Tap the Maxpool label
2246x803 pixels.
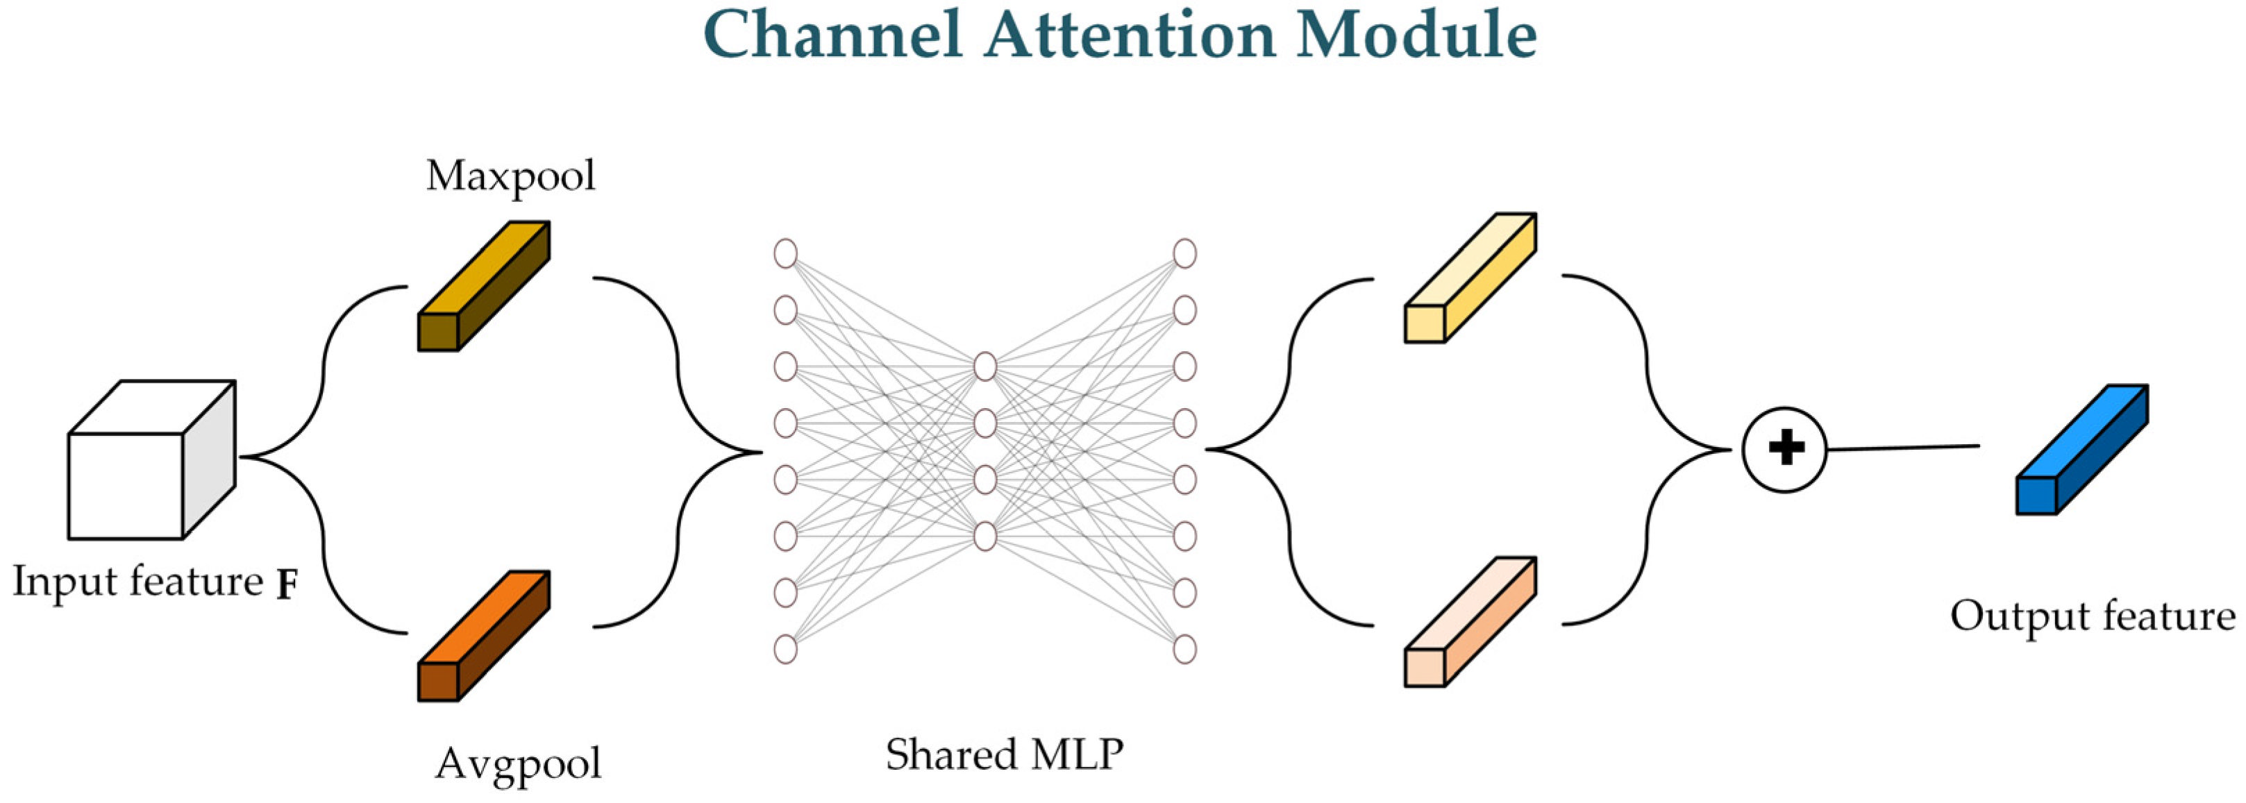click(511, 177)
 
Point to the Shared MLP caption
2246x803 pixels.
click(1005, 755)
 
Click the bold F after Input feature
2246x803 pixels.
click(287, 586)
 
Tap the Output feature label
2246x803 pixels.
click(2093, 616)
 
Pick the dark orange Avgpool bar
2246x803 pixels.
click(484, 636)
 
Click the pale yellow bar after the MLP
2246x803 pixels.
click(1470, 279)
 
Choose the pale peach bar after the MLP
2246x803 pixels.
click(1470, 623)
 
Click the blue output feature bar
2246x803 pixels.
click(2082, 450)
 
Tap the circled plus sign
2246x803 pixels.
click(1785, 450)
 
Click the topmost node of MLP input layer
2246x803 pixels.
click(785, 254)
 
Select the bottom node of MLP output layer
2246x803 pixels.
click(1184, 649)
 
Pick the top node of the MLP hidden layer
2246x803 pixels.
click(985, 366)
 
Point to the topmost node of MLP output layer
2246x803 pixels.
click(1184, 254)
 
